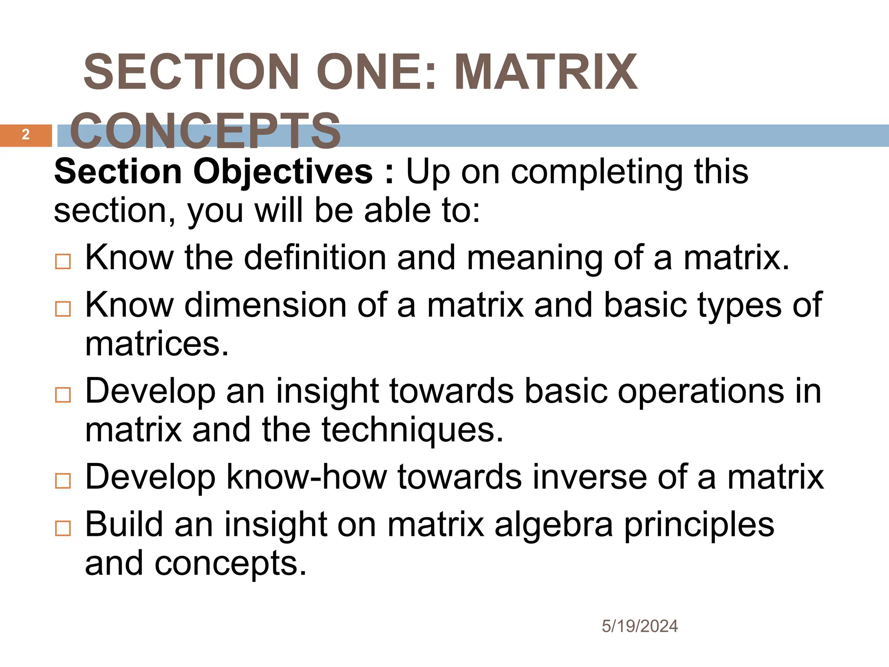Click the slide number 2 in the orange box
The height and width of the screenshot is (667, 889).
coord(26,135)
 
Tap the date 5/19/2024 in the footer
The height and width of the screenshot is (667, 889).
coord(639,626)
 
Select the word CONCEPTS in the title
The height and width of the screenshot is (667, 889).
coord(205,131)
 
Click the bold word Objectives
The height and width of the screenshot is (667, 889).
coord(283,172)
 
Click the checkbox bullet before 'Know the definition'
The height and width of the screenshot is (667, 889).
coord(63,261)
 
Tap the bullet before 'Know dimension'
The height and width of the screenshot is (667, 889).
coord(63,309)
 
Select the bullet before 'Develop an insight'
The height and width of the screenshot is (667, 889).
coord(63,395)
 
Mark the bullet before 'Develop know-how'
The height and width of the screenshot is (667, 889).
coord(63,481)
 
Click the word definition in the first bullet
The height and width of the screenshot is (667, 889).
coord(315,258)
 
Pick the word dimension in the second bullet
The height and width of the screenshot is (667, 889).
coord(265,305)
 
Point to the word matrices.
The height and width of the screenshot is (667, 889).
coord(156,344)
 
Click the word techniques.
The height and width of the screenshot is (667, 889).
coord(412,430)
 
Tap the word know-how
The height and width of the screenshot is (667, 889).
coord(306,477)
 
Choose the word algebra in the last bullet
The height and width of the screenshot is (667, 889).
coord(554,525)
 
